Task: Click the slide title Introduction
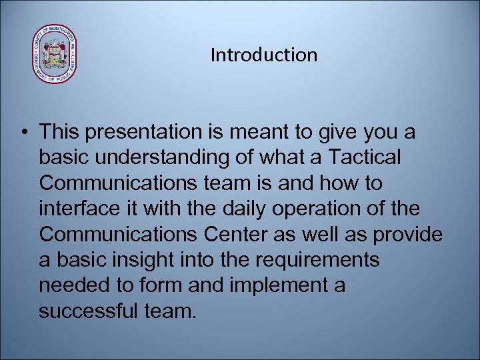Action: pos(264,55)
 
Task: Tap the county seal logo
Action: pos(55,55)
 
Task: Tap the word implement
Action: pos(271,285)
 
